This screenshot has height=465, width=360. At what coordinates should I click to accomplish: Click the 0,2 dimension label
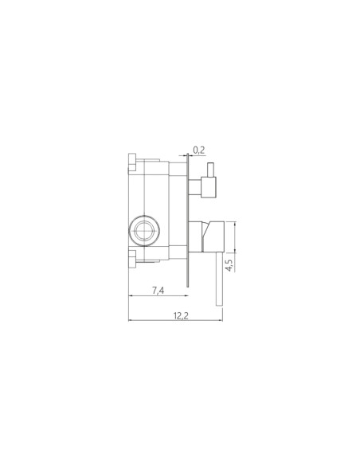pos(198,150)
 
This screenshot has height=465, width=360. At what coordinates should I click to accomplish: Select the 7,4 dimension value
pos(158,291)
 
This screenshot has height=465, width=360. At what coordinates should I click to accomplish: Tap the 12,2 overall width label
pos(181,316)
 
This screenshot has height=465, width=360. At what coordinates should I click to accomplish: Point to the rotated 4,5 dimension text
pos(229,265)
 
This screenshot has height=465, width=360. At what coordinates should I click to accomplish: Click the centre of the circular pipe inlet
pos(144,231)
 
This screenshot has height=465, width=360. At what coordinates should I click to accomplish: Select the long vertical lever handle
pos(220,279)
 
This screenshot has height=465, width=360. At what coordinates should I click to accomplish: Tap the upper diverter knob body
pos(209,187)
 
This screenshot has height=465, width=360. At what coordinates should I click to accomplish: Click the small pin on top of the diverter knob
pos(211,170)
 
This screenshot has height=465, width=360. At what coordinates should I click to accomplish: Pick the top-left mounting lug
pos(132,162)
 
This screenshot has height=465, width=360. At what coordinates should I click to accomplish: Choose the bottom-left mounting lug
pos(132,259)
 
